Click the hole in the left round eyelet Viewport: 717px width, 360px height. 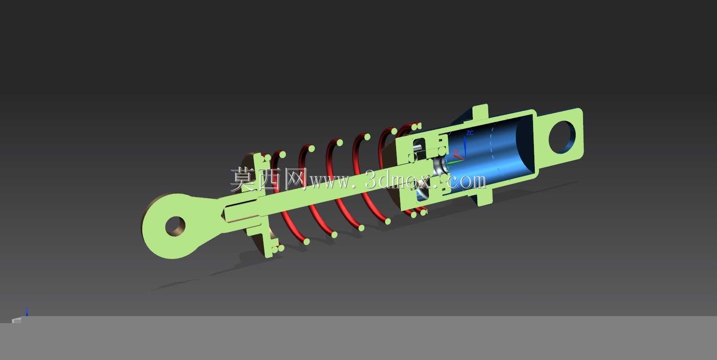click(175, 227)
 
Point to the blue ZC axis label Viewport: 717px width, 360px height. click(469, 133)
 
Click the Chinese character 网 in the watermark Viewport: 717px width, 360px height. click(295, 179)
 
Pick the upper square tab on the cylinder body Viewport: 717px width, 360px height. click(480, 112)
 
